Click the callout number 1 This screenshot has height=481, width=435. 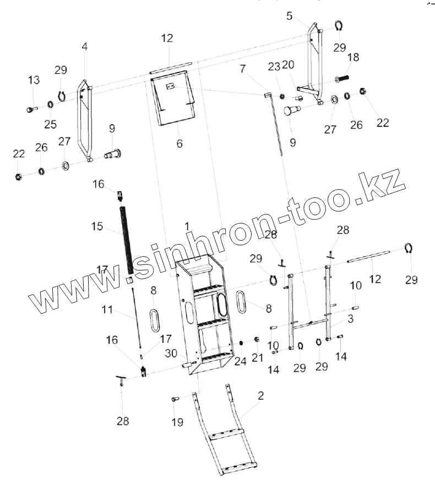[x=187, y=226]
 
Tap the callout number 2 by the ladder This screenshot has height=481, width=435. [x=260, y=395]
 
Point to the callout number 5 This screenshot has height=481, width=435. [x=290, y=16]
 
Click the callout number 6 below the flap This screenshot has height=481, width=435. [x=180, y=143]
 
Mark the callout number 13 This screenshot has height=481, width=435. [x=34, y=80]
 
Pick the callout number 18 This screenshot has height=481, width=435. [x=353, y=58]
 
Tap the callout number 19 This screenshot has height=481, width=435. [x=177, y=422]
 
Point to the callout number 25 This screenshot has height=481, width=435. [x=51, y=124]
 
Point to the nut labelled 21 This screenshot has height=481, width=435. [x=257, y=340]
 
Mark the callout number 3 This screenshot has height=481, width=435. [x=351, y=318]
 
